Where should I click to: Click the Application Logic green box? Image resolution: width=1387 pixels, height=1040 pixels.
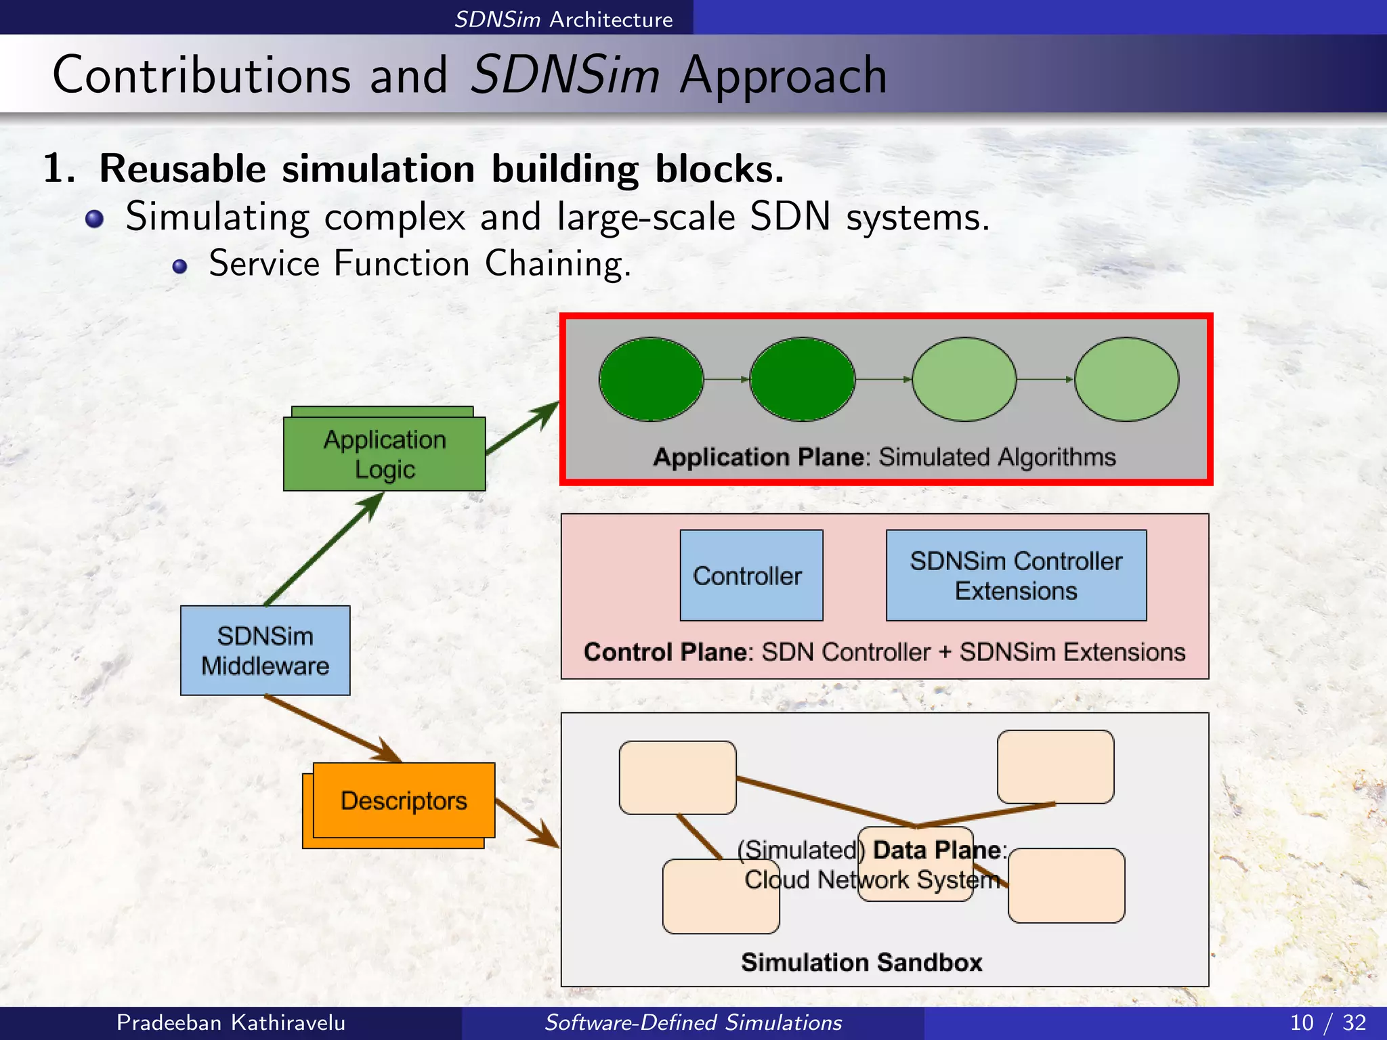[384, 454]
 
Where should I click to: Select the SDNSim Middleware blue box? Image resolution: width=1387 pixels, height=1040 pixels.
[265, 651]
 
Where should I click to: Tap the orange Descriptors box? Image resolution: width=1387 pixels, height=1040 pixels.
[404, 800]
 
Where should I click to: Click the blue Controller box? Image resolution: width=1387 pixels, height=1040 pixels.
[751, 576]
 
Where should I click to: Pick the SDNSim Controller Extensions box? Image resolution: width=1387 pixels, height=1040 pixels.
[1016, 576]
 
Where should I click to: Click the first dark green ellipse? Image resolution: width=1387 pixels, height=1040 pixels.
[651, 379]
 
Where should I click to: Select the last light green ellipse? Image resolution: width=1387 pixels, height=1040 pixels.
[1126, 379]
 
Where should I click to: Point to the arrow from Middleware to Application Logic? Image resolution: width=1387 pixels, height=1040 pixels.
[324, 548]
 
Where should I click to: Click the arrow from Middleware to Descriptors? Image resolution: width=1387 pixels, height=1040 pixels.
[332, 728]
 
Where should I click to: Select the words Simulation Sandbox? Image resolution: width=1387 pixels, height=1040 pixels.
[861, 962]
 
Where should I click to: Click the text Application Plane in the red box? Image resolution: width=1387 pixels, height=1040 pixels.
[759, 458]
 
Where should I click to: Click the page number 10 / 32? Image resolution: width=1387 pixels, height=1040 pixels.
[1327, 1022]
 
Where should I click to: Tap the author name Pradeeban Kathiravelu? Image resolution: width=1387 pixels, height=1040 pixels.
[230, 1022]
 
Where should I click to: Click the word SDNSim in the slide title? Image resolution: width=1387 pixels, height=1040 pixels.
[564, 74]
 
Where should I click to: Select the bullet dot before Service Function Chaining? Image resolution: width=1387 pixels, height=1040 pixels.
[179, 266]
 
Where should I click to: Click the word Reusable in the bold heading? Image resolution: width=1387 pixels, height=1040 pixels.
[183, 169]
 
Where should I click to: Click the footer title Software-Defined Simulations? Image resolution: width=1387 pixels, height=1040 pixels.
[693, 1022]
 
